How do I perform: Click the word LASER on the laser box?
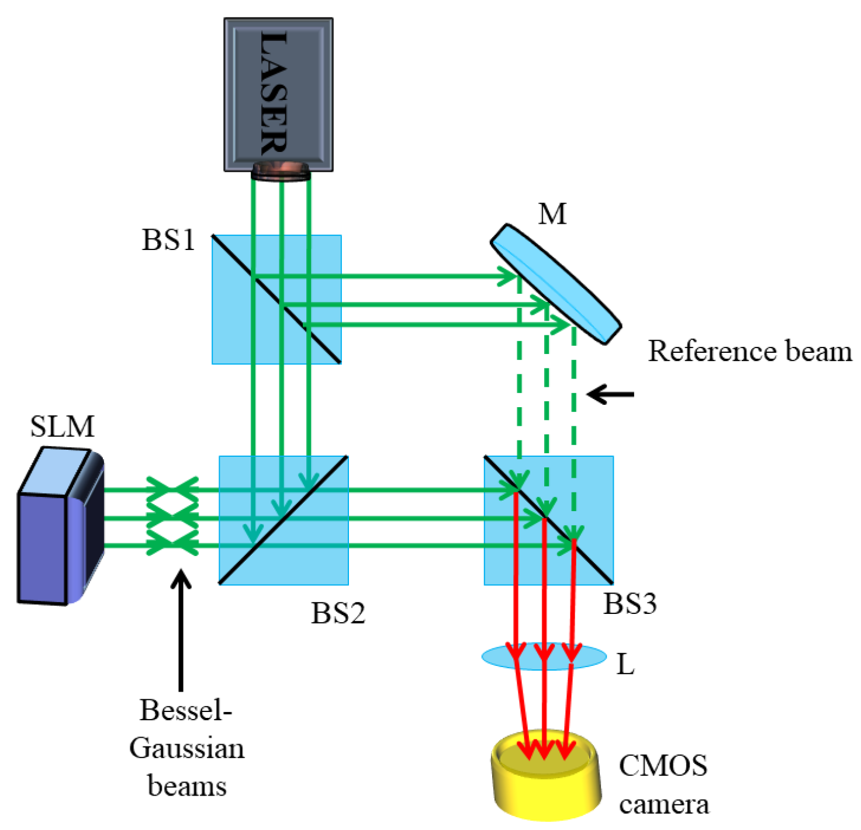click(x=274, y=93)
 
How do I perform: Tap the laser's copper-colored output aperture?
click(x=281, y=172)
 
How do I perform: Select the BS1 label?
click(x=168, y=239)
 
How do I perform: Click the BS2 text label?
click(x=338, y=613)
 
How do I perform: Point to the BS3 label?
click(x=630, y=603)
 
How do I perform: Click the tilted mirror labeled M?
click(x=555, y=283)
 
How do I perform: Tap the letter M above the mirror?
click(x=552, y=214)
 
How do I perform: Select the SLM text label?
click(x=62, y=426)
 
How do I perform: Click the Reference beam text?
click(x=750, y=352)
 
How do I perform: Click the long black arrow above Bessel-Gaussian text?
click(x=182, y=631)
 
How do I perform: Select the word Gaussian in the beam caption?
click(x=187, y=748)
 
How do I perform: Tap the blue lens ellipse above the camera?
click(x=544, y=657)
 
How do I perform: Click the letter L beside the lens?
click(x=625, y=664)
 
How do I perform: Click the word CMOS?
click(x=663, y=765)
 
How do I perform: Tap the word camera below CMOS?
click(x=664, y=804)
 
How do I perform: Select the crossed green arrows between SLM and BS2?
click(x=172, y=518)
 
